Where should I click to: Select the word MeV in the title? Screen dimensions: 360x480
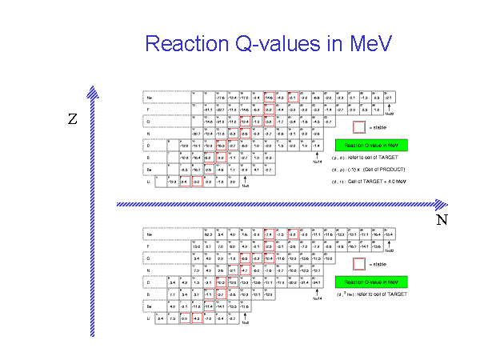click(367, 43)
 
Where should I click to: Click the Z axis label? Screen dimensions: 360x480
click(73, 120)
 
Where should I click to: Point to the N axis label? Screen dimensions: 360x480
click(442, 218)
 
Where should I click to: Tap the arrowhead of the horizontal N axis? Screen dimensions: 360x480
click(442, 204)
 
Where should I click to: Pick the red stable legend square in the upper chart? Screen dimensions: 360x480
click(359, 126)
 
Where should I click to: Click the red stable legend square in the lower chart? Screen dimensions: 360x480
click(359, 263)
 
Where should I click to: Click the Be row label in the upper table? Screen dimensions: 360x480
click(149, 170)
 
